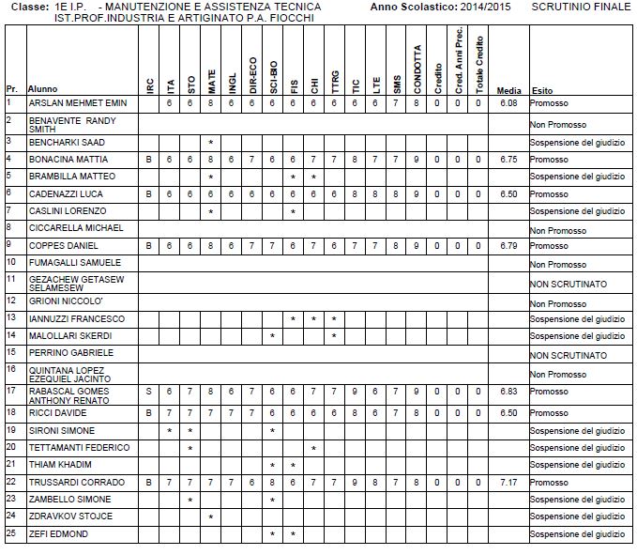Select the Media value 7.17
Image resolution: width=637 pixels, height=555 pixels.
point(509,481)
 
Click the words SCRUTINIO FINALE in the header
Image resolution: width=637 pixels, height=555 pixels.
point(582,7)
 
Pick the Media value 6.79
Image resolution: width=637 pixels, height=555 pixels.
point(509,245)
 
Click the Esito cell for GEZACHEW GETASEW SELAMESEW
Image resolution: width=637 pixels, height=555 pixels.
point(568,284)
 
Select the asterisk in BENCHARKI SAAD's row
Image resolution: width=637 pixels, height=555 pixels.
point(212,142)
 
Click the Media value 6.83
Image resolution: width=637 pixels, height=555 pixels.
point(509,391)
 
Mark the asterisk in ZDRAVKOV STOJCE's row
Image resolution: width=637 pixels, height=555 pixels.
point(212,516)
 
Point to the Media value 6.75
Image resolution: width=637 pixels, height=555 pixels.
point(509,160)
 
